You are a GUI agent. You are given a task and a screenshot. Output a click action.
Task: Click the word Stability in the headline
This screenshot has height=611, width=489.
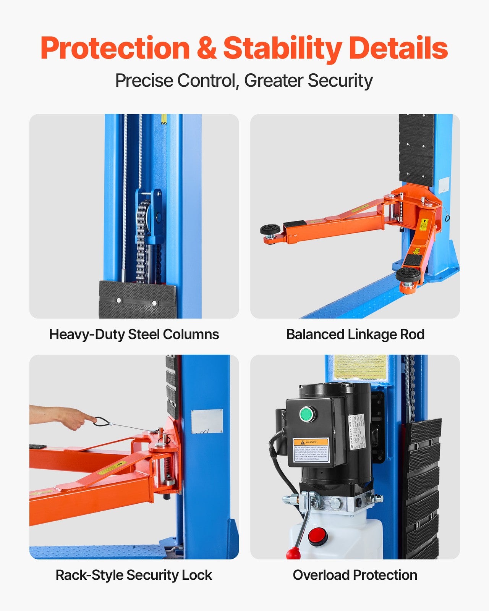click(282, 48)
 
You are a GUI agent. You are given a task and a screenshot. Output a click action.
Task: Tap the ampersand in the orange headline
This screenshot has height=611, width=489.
click(206, 48)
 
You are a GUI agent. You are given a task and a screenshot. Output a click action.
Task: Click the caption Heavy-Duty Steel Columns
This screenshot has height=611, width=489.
click(134, 334)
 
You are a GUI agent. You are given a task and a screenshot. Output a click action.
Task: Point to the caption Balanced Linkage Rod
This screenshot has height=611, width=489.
click(355, 334)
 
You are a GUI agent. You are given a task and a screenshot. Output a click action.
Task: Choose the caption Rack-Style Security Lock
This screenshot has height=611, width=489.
click(134, 575)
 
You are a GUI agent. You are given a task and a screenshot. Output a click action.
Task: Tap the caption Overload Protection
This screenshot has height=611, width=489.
click(355, 575)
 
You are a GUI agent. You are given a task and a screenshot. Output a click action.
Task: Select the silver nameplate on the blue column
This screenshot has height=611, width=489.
click(207, 421)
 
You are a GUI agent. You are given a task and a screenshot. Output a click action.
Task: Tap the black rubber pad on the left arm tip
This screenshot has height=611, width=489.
click(270, 230)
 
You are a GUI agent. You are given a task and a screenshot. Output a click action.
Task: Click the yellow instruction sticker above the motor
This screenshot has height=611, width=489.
click(360, 367)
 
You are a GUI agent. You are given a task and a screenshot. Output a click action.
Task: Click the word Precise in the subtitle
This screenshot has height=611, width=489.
click(144, 81)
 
